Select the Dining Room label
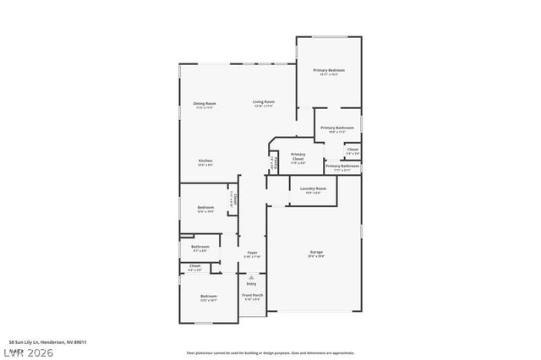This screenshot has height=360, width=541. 205,105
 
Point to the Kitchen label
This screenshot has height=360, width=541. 205,161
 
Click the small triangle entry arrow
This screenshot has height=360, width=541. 250,275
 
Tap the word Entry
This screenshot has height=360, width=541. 251,284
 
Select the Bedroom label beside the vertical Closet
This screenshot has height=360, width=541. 205,209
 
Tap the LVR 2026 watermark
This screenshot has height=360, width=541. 29,352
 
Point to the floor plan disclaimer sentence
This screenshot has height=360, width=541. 270,352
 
